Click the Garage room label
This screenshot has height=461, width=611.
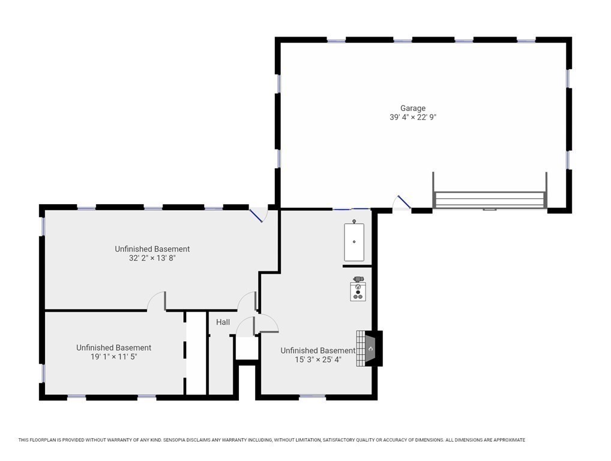413,108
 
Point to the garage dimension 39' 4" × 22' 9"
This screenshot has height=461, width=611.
413,117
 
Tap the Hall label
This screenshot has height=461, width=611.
223,322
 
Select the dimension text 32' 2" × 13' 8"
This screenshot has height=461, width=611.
152,258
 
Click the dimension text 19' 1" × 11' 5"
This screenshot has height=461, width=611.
114,357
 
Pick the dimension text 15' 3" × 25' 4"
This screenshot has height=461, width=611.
318,360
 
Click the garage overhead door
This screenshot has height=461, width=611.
489,200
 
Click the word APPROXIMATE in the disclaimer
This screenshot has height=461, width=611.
509,440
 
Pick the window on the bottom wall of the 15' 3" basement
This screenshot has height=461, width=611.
313,397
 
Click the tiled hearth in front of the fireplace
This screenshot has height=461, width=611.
361,348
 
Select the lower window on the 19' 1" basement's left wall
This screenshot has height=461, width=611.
42,373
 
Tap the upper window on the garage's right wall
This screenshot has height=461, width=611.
568,78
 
